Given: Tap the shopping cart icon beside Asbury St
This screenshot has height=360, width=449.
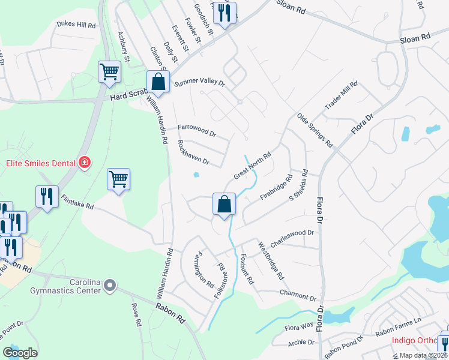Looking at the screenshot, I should pyautogui.click(x=109, y=72).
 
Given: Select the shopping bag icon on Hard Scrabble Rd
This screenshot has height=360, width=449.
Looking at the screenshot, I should pyautogui.click(x=158, y=82).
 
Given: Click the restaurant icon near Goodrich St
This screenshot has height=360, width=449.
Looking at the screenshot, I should pyautogui.click(x=224, y=14).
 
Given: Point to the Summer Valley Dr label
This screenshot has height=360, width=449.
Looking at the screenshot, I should pyautogui.click(x=199, y=83).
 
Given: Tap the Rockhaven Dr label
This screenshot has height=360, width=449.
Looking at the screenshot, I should pyautogui.click(x=193, y=153).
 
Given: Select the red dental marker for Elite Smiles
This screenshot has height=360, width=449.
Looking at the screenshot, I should pyautogui.click(x=85, y=163).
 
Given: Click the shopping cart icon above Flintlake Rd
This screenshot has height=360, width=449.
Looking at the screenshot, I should pyautogui.click(x=118, y=179).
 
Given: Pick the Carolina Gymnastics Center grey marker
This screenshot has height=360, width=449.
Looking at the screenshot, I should pyautogui.click(x=109, y=286).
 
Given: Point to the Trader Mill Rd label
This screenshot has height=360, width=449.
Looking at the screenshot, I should pyautogui.click(x=341, y=95).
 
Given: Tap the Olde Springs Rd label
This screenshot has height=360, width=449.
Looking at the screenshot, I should pyautogui.click(x=315, y=129).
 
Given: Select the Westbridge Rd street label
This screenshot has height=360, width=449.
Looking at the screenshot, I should pyautogui.click(x=271, y=261).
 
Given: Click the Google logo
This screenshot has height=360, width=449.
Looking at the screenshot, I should pyautogui.click(x=20, y=353).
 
